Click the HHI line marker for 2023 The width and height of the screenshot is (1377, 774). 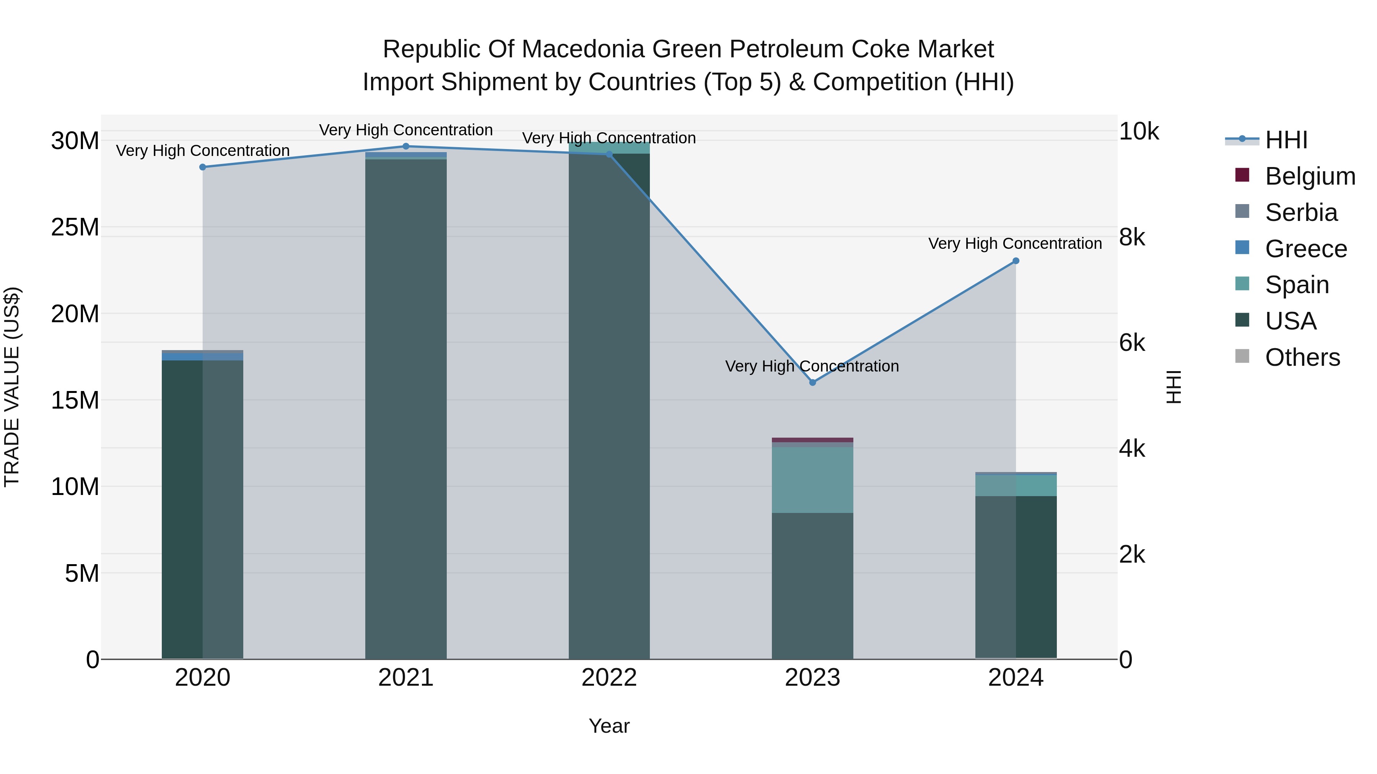[x=812, y=383]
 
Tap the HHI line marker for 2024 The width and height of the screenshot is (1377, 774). [x=1016, y=261]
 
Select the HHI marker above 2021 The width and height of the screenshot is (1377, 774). [x=406, y=146]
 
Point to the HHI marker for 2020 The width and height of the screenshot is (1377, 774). [x=203, y=167]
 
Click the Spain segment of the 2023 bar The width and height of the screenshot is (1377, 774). [x=812, y=480]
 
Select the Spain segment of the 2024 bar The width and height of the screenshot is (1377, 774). [x=1016, y=485]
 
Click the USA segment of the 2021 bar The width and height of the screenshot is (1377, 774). [x=406, y=406]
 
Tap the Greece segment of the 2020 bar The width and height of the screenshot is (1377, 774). [x=203, y=356]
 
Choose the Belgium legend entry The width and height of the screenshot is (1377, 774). [x=1310, y=176]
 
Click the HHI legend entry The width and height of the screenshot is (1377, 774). [x=1286, y=140]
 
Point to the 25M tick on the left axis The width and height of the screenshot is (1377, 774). [x=75, y=227]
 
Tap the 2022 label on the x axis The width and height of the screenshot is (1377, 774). [x=609, y=678]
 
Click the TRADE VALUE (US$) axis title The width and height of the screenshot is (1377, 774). [x=12, y=387]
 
